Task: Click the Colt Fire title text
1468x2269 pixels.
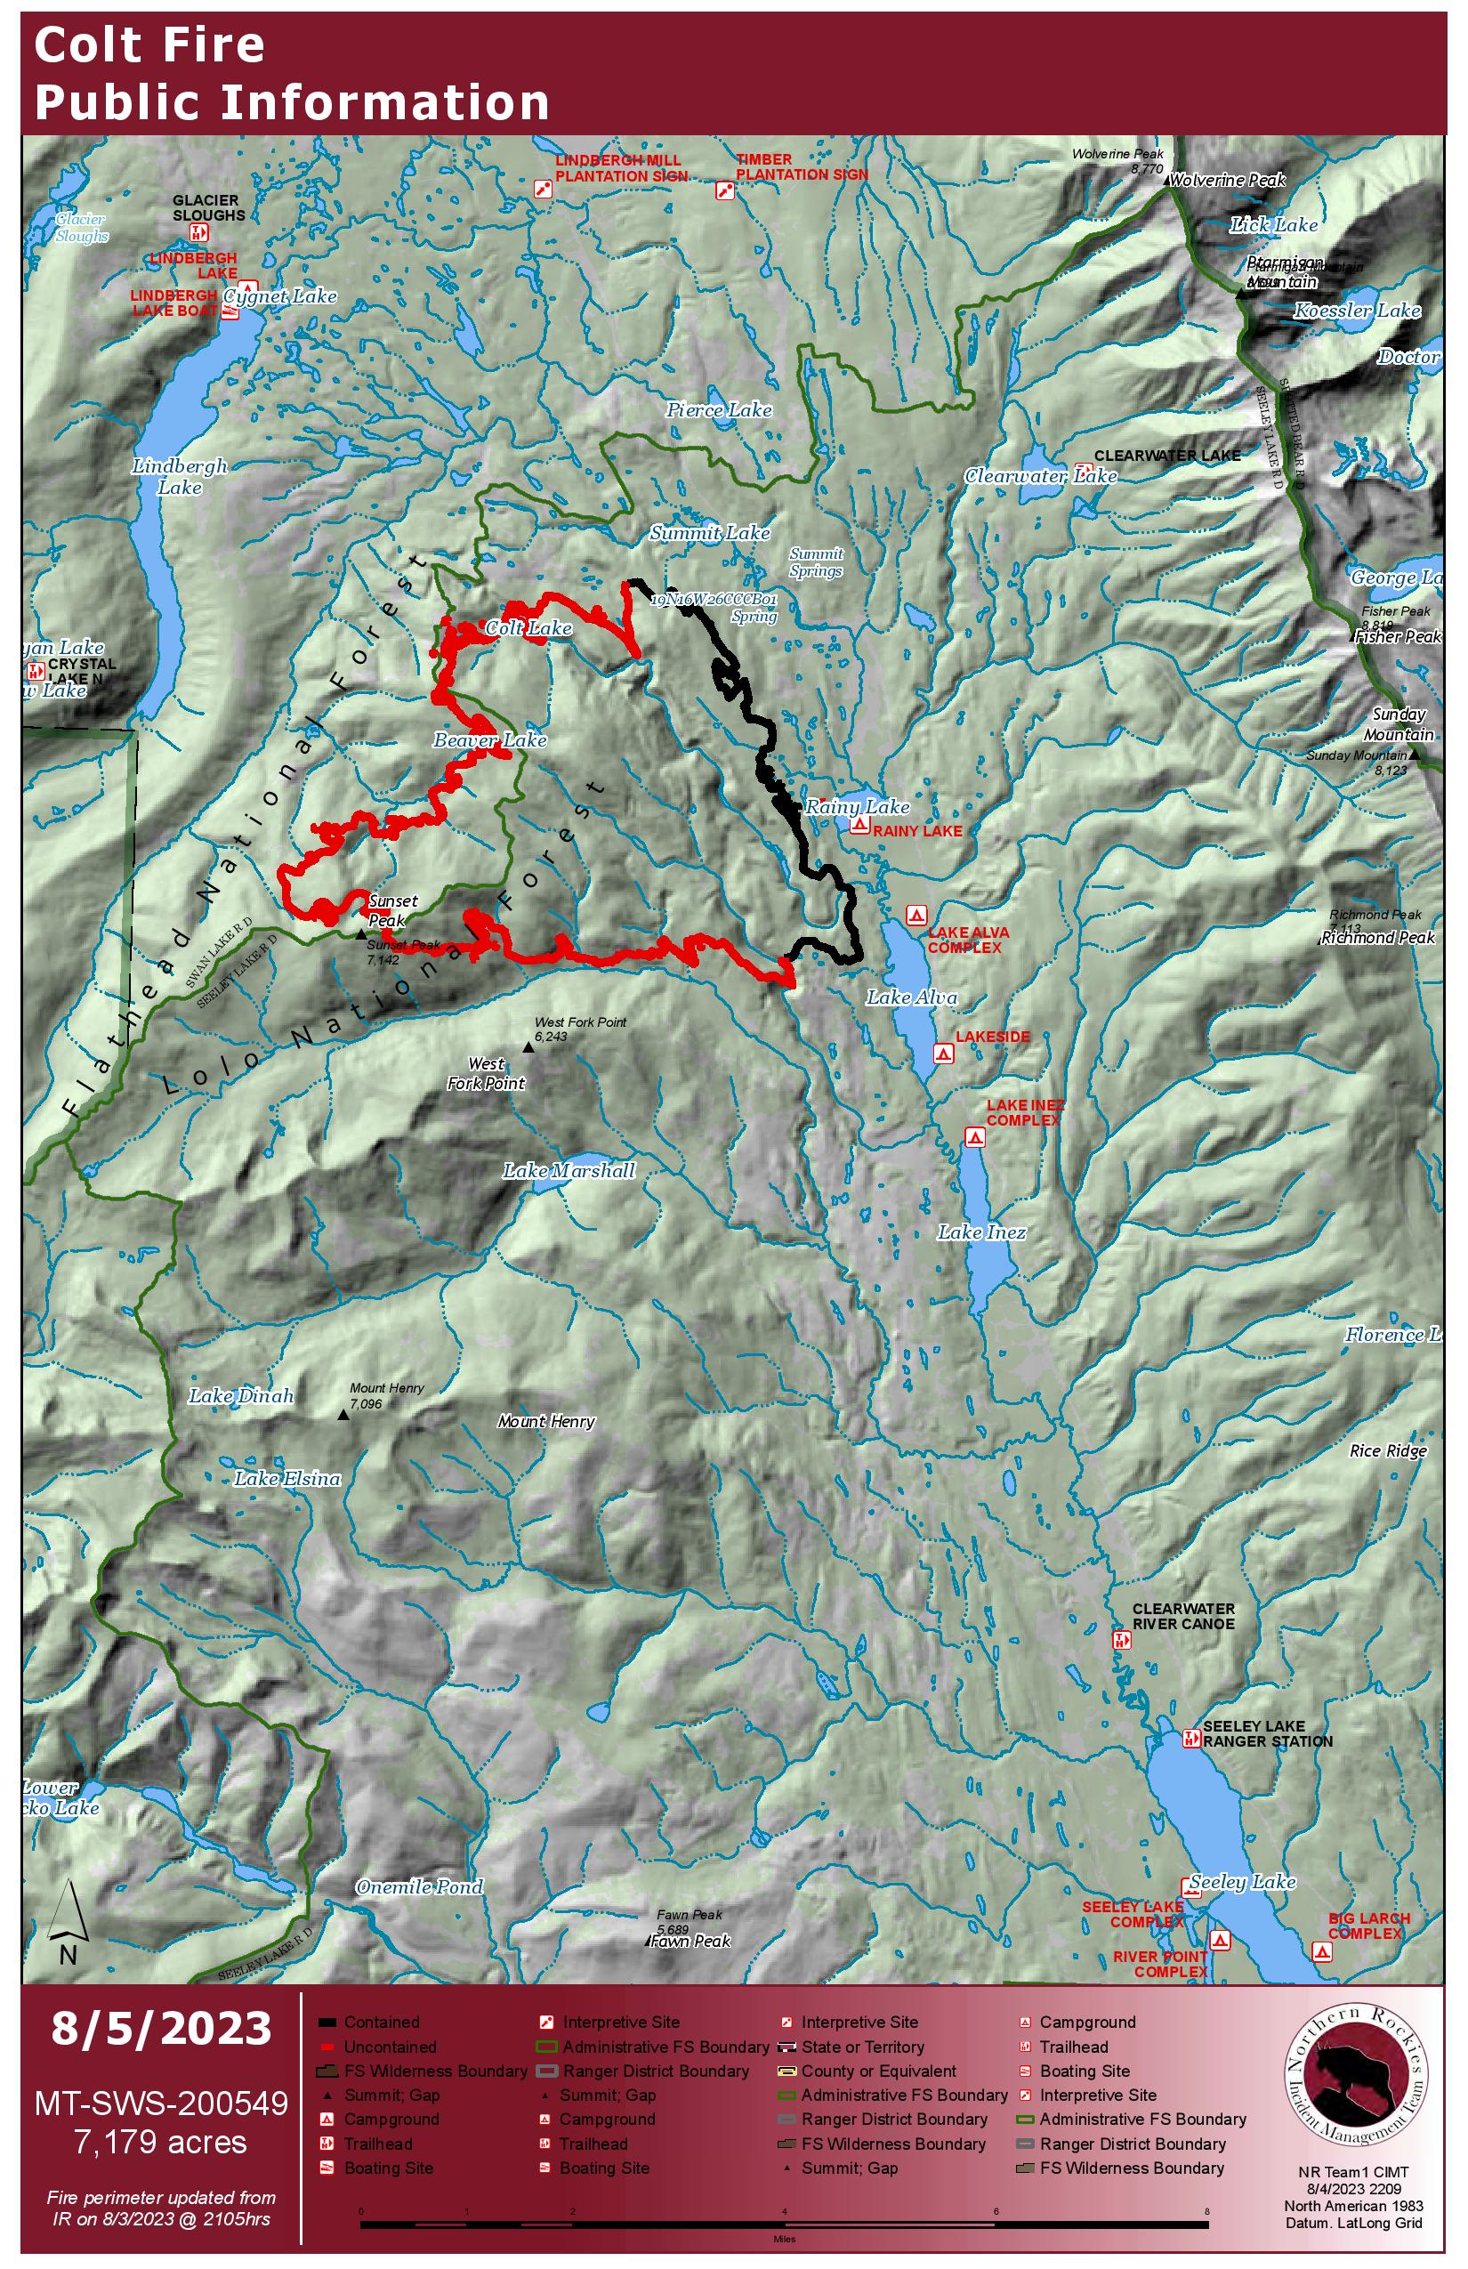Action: coord(149,45)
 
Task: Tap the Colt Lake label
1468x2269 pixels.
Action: coord(528,628)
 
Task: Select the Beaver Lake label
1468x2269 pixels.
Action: coord(490,740)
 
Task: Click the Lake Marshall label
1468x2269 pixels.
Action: coord(569,1171)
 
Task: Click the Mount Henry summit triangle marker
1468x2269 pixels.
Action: coord(344,1415)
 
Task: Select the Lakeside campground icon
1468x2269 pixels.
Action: coord(943,1054)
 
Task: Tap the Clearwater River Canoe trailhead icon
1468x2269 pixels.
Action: coord(1121,1640)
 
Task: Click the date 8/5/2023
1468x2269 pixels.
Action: coord(161,2029)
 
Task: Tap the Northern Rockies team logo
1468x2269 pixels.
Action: coord(1359,2082)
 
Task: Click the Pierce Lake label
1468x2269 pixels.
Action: coord(719,410)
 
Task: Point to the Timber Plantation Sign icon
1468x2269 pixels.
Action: coord(724,190)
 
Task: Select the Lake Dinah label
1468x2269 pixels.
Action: coord(241,1397)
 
